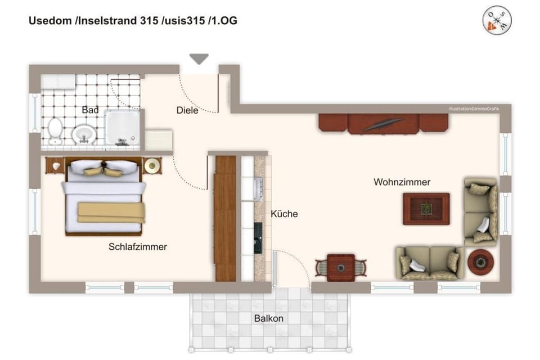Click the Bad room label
tap(90, 110)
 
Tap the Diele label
tap(187, 111)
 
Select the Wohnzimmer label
tap(402, 182)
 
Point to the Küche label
tap(284, 214)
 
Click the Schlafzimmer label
tap(138, 246)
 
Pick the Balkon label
tap(268, 318)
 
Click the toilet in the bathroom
tap(55, 130)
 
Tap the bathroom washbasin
tap(82, 134)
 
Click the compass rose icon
tap(497, 21)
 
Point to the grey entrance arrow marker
tap(199, 58)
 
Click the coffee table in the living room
tap(426, 209)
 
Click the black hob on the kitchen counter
tap(258, 237)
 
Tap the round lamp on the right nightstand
tap(151, 165)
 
